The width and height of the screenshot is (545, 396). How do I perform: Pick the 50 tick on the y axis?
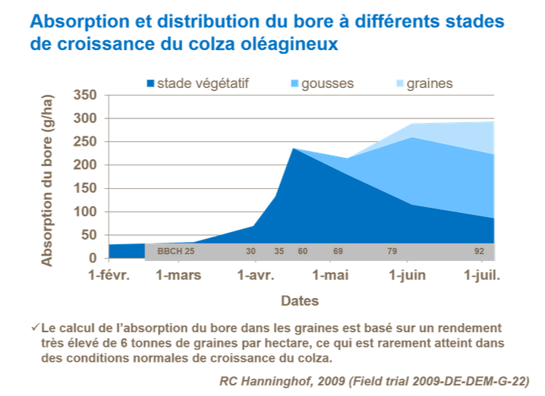90,235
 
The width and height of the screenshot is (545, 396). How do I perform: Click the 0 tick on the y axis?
93,259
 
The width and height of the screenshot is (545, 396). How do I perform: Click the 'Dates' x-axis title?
300,300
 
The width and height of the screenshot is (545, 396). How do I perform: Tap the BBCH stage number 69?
338,251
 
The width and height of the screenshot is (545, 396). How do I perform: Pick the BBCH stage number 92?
479,251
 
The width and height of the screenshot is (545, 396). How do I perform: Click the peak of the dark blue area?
293,149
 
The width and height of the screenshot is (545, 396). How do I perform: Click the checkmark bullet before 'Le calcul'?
35,328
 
